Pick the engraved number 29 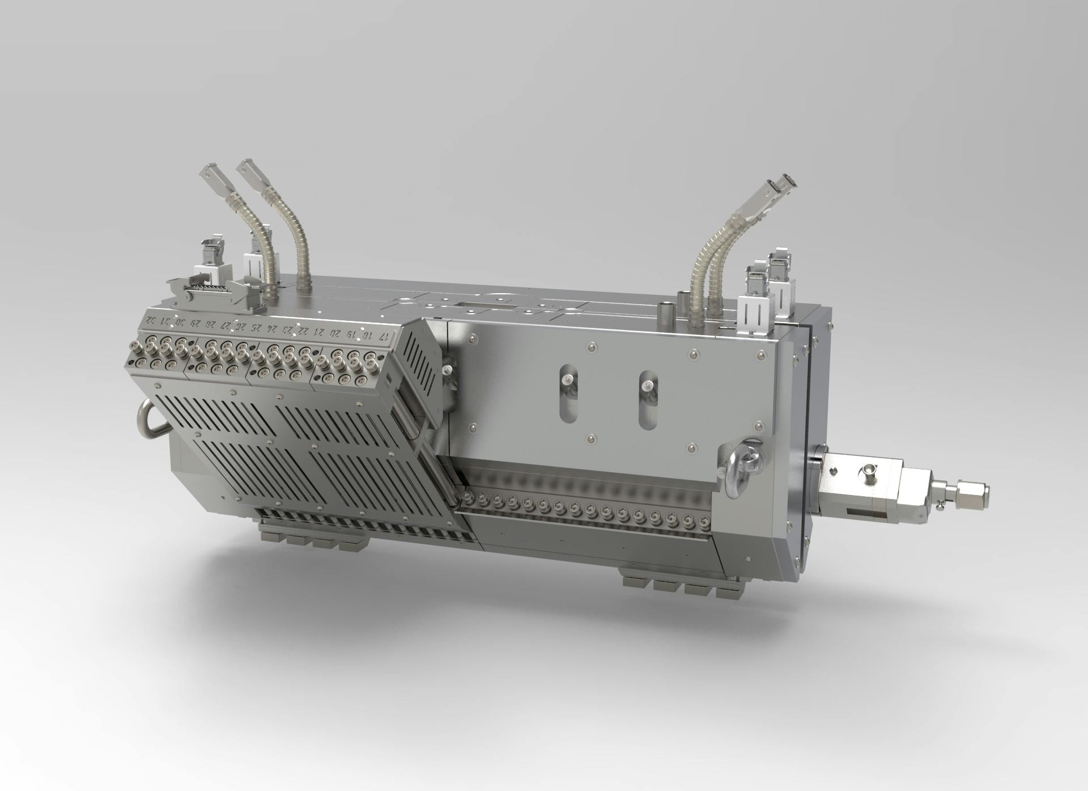click(195, 323)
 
